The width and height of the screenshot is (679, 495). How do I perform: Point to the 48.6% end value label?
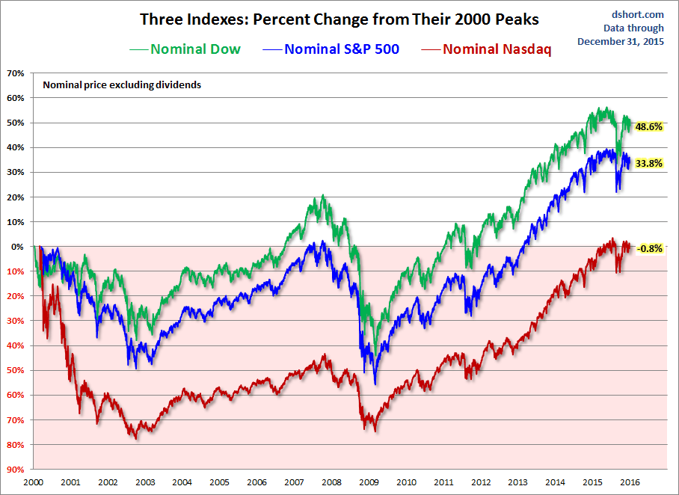point(648,127)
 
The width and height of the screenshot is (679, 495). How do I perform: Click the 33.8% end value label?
point(648,163)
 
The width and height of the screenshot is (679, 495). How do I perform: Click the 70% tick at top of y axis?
point(15,73)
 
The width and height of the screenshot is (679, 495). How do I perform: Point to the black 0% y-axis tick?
point(17,247)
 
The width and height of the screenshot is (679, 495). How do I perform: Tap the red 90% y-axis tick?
point(15,470)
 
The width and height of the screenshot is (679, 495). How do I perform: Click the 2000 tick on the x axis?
point(34,482)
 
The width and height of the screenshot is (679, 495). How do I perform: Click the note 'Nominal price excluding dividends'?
point(122,85)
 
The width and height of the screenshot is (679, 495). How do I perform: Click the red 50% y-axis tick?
point(15,371)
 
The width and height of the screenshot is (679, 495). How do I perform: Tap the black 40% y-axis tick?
point(15,147)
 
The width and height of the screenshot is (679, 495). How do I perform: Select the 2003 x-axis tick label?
point(145,482)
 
